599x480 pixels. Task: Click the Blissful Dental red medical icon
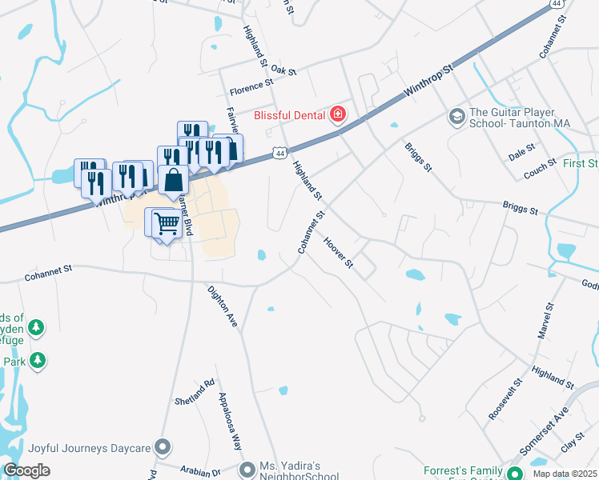339,114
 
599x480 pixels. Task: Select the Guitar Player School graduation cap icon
456,118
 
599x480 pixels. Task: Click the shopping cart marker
166,222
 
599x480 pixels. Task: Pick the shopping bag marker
173,181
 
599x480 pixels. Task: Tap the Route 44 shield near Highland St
279,152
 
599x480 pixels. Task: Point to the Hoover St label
338,252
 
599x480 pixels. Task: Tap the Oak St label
283,70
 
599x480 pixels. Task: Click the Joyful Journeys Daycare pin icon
163,446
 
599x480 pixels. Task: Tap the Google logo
26,470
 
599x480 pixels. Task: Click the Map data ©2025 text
565,474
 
